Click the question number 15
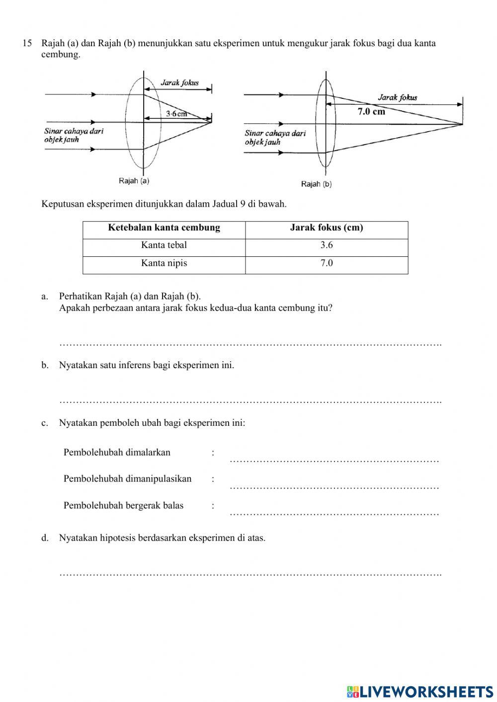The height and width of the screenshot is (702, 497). click(27, 43)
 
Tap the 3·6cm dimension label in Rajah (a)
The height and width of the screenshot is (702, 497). click(176, 114)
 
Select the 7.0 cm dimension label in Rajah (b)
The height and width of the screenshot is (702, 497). click(371, 111)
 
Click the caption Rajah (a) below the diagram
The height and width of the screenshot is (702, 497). click(134, 181)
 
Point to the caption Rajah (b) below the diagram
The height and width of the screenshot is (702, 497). click(316, 184)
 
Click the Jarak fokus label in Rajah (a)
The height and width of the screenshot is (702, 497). click(179, 82)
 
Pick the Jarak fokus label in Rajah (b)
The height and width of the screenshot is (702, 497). click(398, 97)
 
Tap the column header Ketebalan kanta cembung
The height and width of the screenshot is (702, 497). click(164, 228)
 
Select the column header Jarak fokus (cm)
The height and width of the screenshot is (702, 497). click(327, 228)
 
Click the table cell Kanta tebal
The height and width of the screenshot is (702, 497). click(164, 245)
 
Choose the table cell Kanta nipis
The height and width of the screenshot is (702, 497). click(164, 263)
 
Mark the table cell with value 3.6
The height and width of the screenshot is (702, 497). click(327, 245)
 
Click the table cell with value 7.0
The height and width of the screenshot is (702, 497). click(327, 263)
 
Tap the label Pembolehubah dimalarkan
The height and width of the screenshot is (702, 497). click(117, 452)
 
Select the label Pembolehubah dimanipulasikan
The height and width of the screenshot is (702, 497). click(127, 479)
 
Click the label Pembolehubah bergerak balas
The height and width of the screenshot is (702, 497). click(123, 505)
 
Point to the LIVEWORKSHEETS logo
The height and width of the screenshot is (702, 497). click(419, 691)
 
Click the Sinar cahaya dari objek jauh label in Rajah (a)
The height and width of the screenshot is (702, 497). click(74, 135)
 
